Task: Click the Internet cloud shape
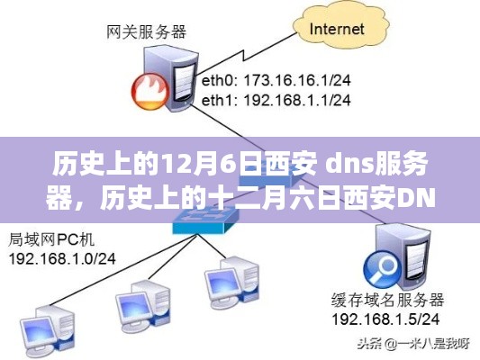pos(341,29)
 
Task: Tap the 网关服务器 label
pos(146,31)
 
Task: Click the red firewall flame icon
pos(150,91)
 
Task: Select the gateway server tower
pos(171,78)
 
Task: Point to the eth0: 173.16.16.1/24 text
pos(276,80)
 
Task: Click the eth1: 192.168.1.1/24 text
pos(276,100)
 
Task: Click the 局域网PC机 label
pos(51,239)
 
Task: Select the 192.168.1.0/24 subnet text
pos(62,259)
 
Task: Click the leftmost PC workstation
pos(48,329)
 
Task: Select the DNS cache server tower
pos(403,256)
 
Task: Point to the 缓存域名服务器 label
pos(388,300)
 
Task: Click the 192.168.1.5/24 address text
pos(385,319)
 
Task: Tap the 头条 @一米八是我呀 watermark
pos(413,344)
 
